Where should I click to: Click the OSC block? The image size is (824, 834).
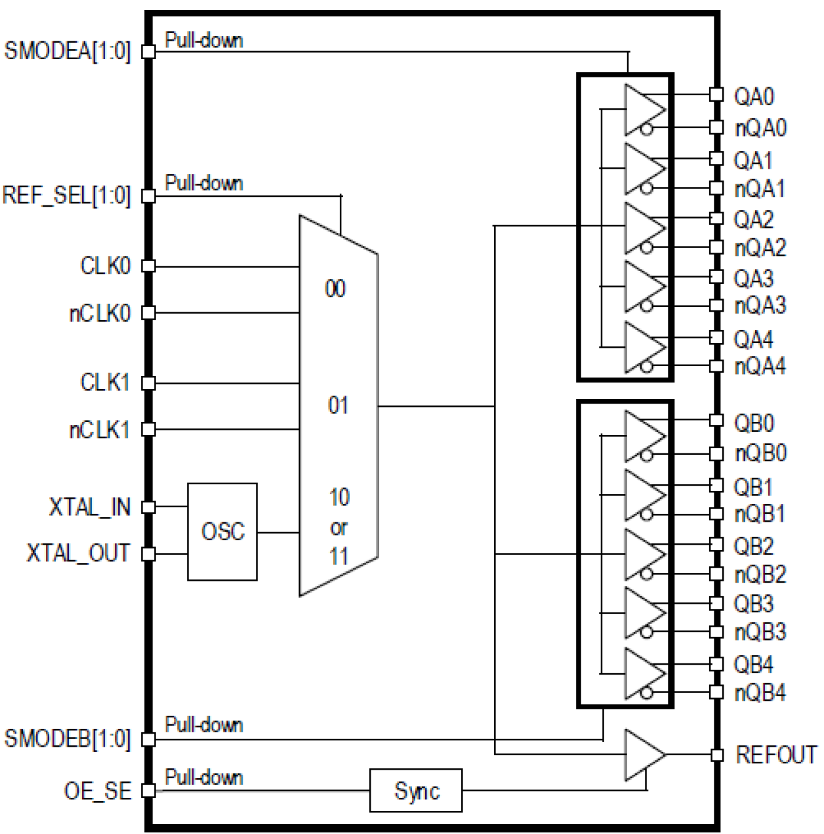click(x=222, y=532)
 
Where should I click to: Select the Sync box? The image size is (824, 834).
click(x=416, y=791)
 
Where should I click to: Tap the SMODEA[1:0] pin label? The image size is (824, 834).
click(x=68, y=51)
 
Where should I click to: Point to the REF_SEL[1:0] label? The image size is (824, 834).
click(x=66, y=196)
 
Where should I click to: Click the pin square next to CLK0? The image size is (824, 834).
click(x=149, y=266)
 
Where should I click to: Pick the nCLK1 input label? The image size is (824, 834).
click(x=100, y=430)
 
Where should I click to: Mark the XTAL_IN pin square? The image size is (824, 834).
click(x=149, y=507)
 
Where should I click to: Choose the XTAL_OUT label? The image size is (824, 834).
click(x=78, y=553)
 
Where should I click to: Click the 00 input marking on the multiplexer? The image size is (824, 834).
click(x=335, y=289)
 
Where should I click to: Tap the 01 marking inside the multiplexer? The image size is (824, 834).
click(x=338, y=406)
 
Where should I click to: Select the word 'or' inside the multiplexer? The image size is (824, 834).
click(x=339, y=528)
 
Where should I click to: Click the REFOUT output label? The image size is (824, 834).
click(x=776, y=755)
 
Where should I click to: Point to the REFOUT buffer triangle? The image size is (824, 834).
click(x=644, y=755)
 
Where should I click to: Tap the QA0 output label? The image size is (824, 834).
click(x=754, y=96)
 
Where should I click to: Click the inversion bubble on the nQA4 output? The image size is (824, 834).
click(x=647, y=366)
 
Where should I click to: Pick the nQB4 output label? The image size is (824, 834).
click(x=760, y=692)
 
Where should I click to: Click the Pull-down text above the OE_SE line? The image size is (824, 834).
click(x=204, y=778)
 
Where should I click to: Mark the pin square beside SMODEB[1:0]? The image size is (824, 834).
click(x=149, y=740)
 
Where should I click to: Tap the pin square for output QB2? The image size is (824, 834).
click(x=717, y=545)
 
